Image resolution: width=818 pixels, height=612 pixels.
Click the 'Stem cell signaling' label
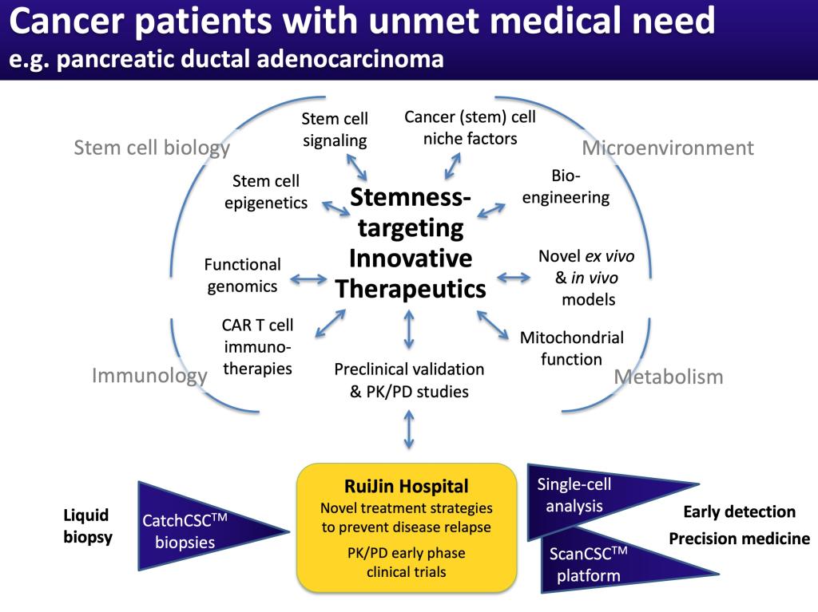tap(335, 130)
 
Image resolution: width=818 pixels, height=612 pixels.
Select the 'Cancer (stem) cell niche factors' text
tap(470, 128)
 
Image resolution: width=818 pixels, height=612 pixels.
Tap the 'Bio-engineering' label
tap(566, 186)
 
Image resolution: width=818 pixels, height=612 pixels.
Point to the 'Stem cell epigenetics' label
tap(266, 192)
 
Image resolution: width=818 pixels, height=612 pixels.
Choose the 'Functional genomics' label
tap(243, 275)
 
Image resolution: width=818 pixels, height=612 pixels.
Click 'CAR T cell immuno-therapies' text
tap(257, 347)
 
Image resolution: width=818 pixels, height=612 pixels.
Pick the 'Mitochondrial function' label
tap(571, 348)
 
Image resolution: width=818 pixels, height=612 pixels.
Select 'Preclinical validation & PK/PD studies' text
tap(409, 381)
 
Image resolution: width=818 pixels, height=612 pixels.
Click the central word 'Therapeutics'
tap(411, 289)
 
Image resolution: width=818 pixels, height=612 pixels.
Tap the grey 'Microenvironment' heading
tap(668, 148)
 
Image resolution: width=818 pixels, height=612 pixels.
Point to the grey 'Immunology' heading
tap(149, 375)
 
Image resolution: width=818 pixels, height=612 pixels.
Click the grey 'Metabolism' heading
tap(668, 377)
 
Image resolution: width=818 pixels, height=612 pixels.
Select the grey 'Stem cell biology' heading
tap(152, 148)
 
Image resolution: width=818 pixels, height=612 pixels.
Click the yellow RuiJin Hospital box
tap(406, 527)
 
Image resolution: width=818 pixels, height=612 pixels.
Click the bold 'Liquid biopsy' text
tap(87, 526)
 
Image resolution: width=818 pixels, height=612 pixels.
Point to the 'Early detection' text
tap(739, 511)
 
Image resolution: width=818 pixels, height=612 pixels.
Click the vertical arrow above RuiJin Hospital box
tap(409, 431)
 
